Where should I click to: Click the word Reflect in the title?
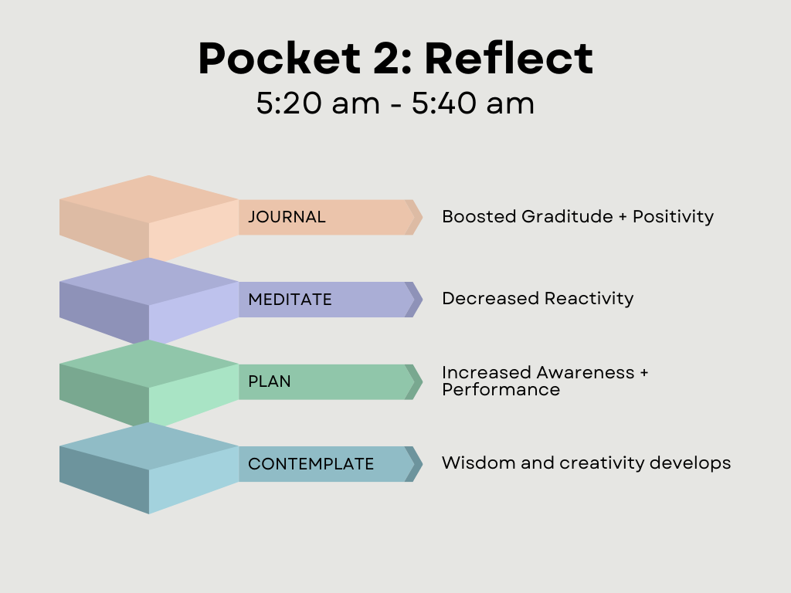tap(508, 58)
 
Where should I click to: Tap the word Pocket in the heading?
tap(280, 58)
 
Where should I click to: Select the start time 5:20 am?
tap(317, 103)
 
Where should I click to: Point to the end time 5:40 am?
tap(473, 103)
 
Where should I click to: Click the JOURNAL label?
tap(287, 217)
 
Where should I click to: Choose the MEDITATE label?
tap(290, 300)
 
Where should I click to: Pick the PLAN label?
tap(270, 381)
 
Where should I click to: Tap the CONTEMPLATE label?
tap(311, 464)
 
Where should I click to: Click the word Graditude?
tap(567, 216)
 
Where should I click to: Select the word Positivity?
tap(674, 217)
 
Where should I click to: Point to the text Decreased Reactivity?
tap(538, 299)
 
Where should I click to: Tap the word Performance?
tap(501, 390)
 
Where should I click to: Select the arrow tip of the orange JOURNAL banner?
tap(422, 217)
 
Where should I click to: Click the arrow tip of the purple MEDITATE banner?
tap(422, 300)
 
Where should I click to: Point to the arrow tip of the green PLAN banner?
tap(422, 381)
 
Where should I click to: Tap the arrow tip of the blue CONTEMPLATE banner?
tap(422, 464)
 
